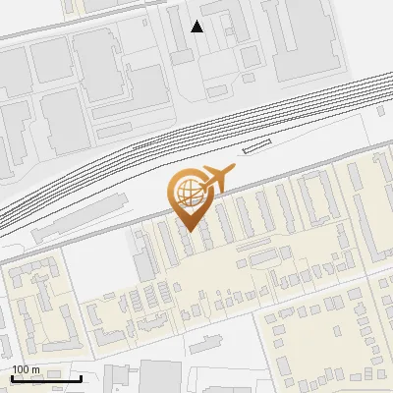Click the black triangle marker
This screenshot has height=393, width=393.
tap(197, 27)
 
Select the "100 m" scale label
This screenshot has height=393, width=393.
tap(26, 369)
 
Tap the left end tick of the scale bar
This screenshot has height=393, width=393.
tap(11, 376)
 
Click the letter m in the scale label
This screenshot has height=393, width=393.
tap(35, 369)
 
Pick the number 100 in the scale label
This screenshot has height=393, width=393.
tap(21, 369)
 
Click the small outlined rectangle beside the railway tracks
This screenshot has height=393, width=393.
tap(255, 146)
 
